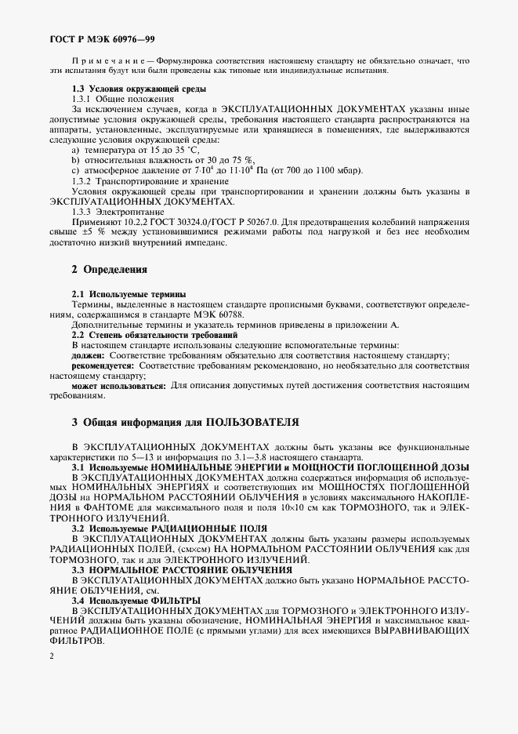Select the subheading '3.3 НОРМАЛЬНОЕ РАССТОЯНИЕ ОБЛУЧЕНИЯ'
pyautogui.click(x=182, y=569)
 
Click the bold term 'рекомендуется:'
pyautogui.click(x=103, y=365)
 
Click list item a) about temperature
pyautogui.click(x=140, y=150)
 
